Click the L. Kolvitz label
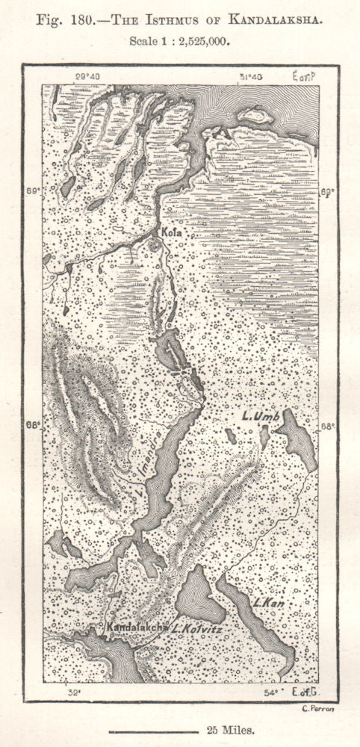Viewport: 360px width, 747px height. (196, 630)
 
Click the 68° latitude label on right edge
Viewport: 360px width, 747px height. (328, 427)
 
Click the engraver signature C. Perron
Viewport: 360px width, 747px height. (319, 709)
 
